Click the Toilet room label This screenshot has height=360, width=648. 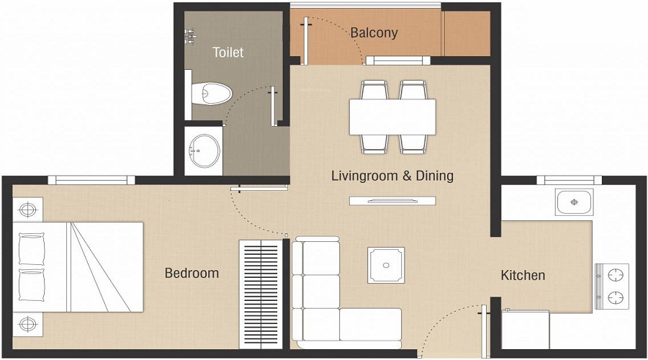228,53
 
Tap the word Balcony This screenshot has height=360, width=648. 374,33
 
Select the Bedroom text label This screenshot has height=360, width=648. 192,273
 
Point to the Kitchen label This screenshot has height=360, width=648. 523,275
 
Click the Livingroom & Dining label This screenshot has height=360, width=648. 392,176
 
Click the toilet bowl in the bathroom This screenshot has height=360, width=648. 211,94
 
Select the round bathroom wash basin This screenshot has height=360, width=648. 204,150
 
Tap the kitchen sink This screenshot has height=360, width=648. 574,202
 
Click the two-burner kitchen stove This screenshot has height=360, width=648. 612,287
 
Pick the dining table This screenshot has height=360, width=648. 392,117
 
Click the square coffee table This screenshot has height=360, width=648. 386,266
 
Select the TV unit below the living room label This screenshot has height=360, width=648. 392,201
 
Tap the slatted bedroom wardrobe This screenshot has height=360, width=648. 261,294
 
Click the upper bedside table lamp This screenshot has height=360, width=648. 27,210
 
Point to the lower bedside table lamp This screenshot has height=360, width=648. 27,325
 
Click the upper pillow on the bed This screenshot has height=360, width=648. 32,249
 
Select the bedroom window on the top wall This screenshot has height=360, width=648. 91,180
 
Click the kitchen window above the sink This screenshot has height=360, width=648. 569,180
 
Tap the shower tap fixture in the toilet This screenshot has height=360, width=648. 190,35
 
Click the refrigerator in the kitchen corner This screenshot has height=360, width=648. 526,330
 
